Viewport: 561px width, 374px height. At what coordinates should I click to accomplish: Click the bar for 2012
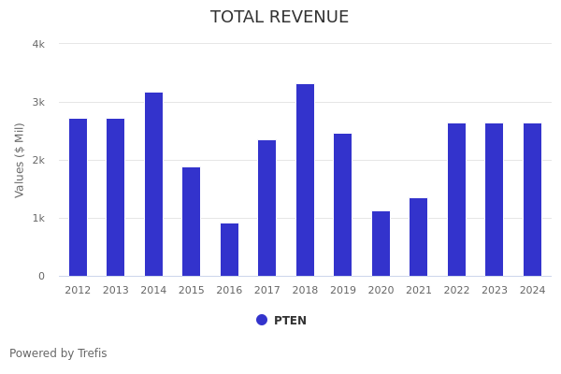click(78, 197)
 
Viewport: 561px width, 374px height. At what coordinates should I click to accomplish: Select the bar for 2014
click(153, 184)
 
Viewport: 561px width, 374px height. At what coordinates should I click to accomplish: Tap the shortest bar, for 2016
click(229, 250)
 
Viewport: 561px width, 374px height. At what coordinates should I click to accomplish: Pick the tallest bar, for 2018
click(305, 180)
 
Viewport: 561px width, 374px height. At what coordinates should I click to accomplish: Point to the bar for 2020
click(381, 243)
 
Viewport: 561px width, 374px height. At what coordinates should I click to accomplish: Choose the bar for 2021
click(419, 237)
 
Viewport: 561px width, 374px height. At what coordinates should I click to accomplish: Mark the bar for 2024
click(532, 199)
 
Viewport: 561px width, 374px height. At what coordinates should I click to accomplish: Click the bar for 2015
click(191, 222)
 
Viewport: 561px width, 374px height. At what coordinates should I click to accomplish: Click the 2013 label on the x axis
click(115, 291)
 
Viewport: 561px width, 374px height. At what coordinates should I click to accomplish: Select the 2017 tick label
click(266, 291)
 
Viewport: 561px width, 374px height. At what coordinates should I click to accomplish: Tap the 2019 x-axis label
click(342, 291)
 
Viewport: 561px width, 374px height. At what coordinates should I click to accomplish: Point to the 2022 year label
click(456, 291)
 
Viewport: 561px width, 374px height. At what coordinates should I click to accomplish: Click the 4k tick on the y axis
click(38, 44)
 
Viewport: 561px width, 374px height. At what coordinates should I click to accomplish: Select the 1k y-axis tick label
click(38, 218)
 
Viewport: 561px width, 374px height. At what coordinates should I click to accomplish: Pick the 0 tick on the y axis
click(41, 276)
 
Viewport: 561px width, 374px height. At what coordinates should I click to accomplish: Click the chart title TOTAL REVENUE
click(280, 18)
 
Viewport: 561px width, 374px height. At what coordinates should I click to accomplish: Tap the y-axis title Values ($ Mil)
click(20, 160)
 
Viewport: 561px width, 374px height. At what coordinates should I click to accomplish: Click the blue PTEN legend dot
click(262, 320)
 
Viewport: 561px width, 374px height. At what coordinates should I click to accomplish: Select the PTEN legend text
click(290, 321)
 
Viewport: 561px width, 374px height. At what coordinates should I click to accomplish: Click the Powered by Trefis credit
click(58, 353)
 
